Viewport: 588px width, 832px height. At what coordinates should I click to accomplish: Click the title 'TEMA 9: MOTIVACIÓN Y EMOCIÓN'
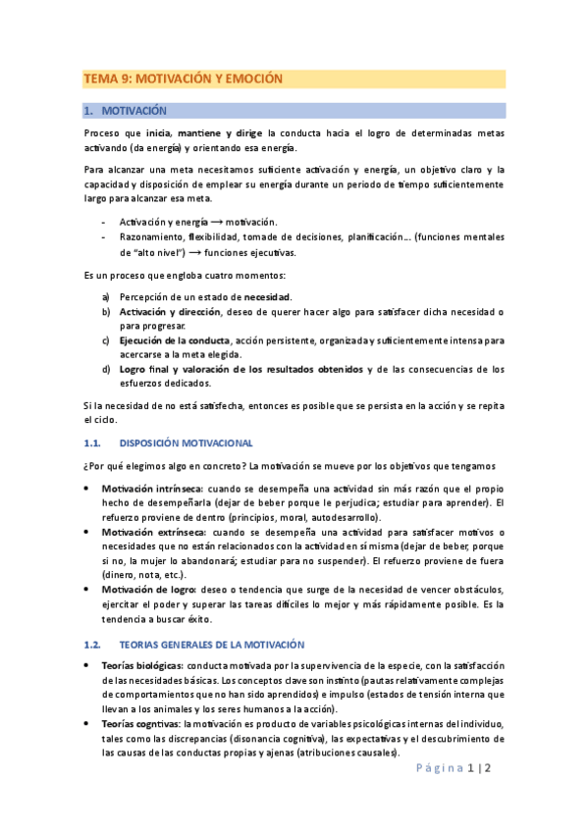pos(184,78)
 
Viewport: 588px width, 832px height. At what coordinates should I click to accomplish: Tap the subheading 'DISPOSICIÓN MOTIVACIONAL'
pos(186,442)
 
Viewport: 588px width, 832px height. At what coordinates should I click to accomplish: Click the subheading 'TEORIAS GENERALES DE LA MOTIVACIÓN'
pos(211,645)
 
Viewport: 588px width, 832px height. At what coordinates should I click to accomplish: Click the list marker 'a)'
pos(106,296)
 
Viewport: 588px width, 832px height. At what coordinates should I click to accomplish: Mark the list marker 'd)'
pos(106,369)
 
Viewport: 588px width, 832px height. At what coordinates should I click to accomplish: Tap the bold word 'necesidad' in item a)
pos(267,296)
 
